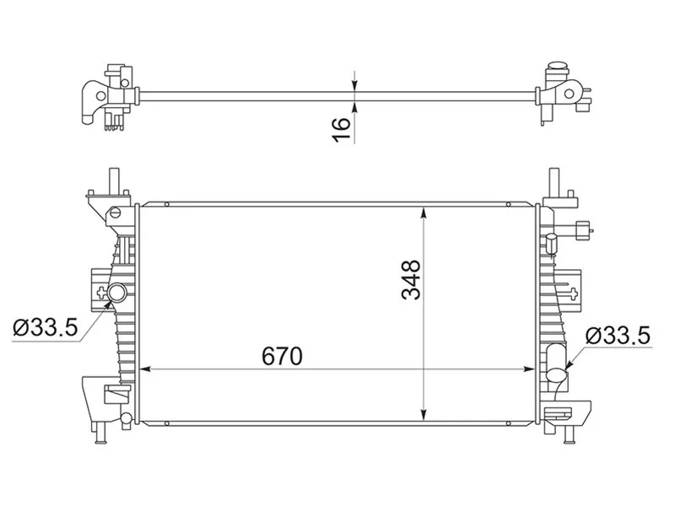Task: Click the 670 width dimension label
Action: click(x=282, y=356)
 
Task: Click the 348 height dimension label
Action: click(x=411, y=280)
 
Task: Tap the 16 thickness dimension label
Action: click(x=342, y=129)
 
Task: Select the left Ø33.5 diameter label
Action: click(x=46, y=327)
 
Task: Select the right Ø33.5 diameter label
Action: click(x=618, y=335)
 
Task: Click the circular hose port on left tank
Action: click(x=117, y=293)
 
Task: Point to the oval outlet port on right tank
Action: click(x=557, y=374)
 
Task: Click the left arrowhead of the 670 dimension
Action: click(x=145, y=369)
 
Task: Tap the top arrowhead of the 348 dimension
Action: click(x=424, y=213)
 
